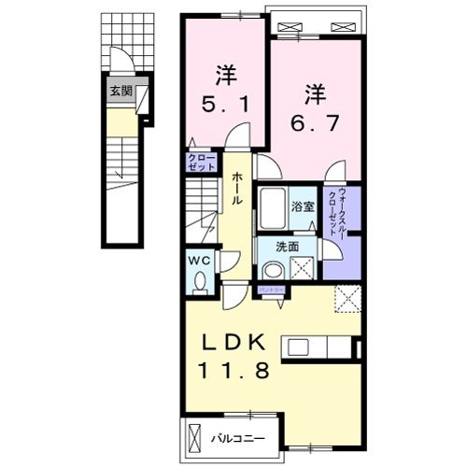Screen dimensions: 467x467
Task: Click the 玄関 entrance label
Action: click(120, 91)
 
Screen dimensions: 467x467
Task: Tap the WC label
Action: click(200, 260)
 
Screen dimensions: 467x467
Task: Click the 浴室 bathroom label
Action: click(301, 205)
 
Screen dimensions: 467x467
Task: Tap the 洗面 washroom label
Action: click(287, 247)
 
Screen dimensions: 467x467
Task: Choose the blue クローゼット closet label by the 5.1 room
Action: click(201, 163)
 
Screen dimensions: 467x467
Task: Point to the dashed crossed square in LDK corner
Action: click(348, 301)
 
